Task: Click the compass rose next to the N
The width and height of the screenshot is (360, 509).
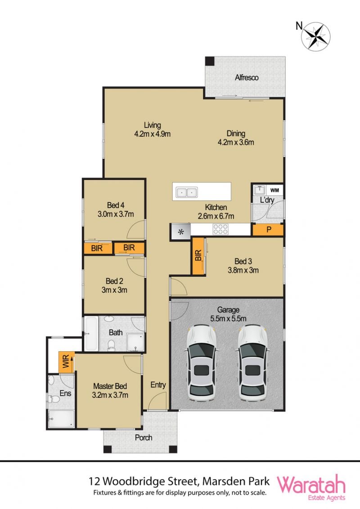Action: pyautogui.click(x=315, y=36)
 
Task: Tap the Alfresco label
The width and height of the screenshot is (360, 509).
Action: pyautogui.click(x=247, y=77)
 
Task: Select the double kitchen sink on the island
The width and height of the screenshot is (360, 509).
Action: pyautogui.click(x=186, y=192)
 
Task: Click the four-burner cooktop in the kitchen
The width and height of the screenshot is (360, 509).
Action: pyautogui.click(x=220, y=229)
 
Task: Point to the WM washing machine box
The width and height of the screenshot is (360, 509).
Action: pyautogui.click(x=274, y=190)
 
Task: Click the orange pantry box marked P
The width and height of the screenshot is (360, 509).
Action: pyautogui.click(x=268, y=230)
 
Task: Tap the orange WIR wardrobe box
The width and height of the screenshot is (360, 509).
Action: pyautogui.click(x=66, y=362)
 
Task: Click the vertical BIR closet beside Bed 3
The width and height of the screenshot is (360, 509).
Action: pyautogui.click(x=198, y=256)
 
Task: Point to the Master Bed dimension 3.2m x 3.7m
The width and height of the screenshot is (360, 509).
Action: pyautogui.click(x=110, y=395)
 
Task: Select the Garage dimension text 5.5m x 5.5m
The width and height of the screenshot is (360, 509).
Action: pyautogui.click(x=228, y=318)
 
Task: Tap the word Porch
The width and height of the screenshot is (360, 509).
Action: pyautogui.click(x=144, y=438)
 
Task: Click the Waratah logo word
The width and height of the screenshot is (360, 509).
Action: pyautogui.click(x=311, y=485)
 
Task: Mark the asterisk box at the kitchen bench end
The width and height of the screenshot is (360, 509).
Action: pyautogui.click(x=181, y=232)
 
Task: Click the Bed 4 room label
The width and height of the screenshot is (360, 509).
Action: pyautogui.click(x=116, y=205)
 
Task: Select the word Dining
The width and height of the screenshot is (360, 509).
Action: pyautogui.click(x=236, y=134)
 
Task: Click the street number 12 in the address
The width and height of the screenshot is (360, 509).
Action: pyautogui.click(x=94, y=481)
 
